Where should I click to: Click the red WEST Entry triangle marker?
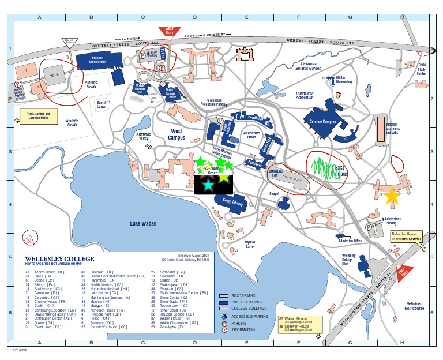169,31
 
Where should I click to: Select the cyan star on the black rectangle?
208,185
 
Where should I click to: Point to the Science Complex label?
322,122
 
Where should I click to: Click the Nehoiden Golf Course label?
414,306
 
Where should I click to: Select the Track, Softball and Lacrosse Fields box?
39,118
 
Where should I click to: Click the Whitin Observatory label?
344,80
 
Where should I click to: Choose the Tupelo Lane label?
249,244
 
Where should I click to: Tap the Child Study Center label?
422,69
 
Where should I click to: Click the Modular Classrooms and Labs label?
392,128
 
